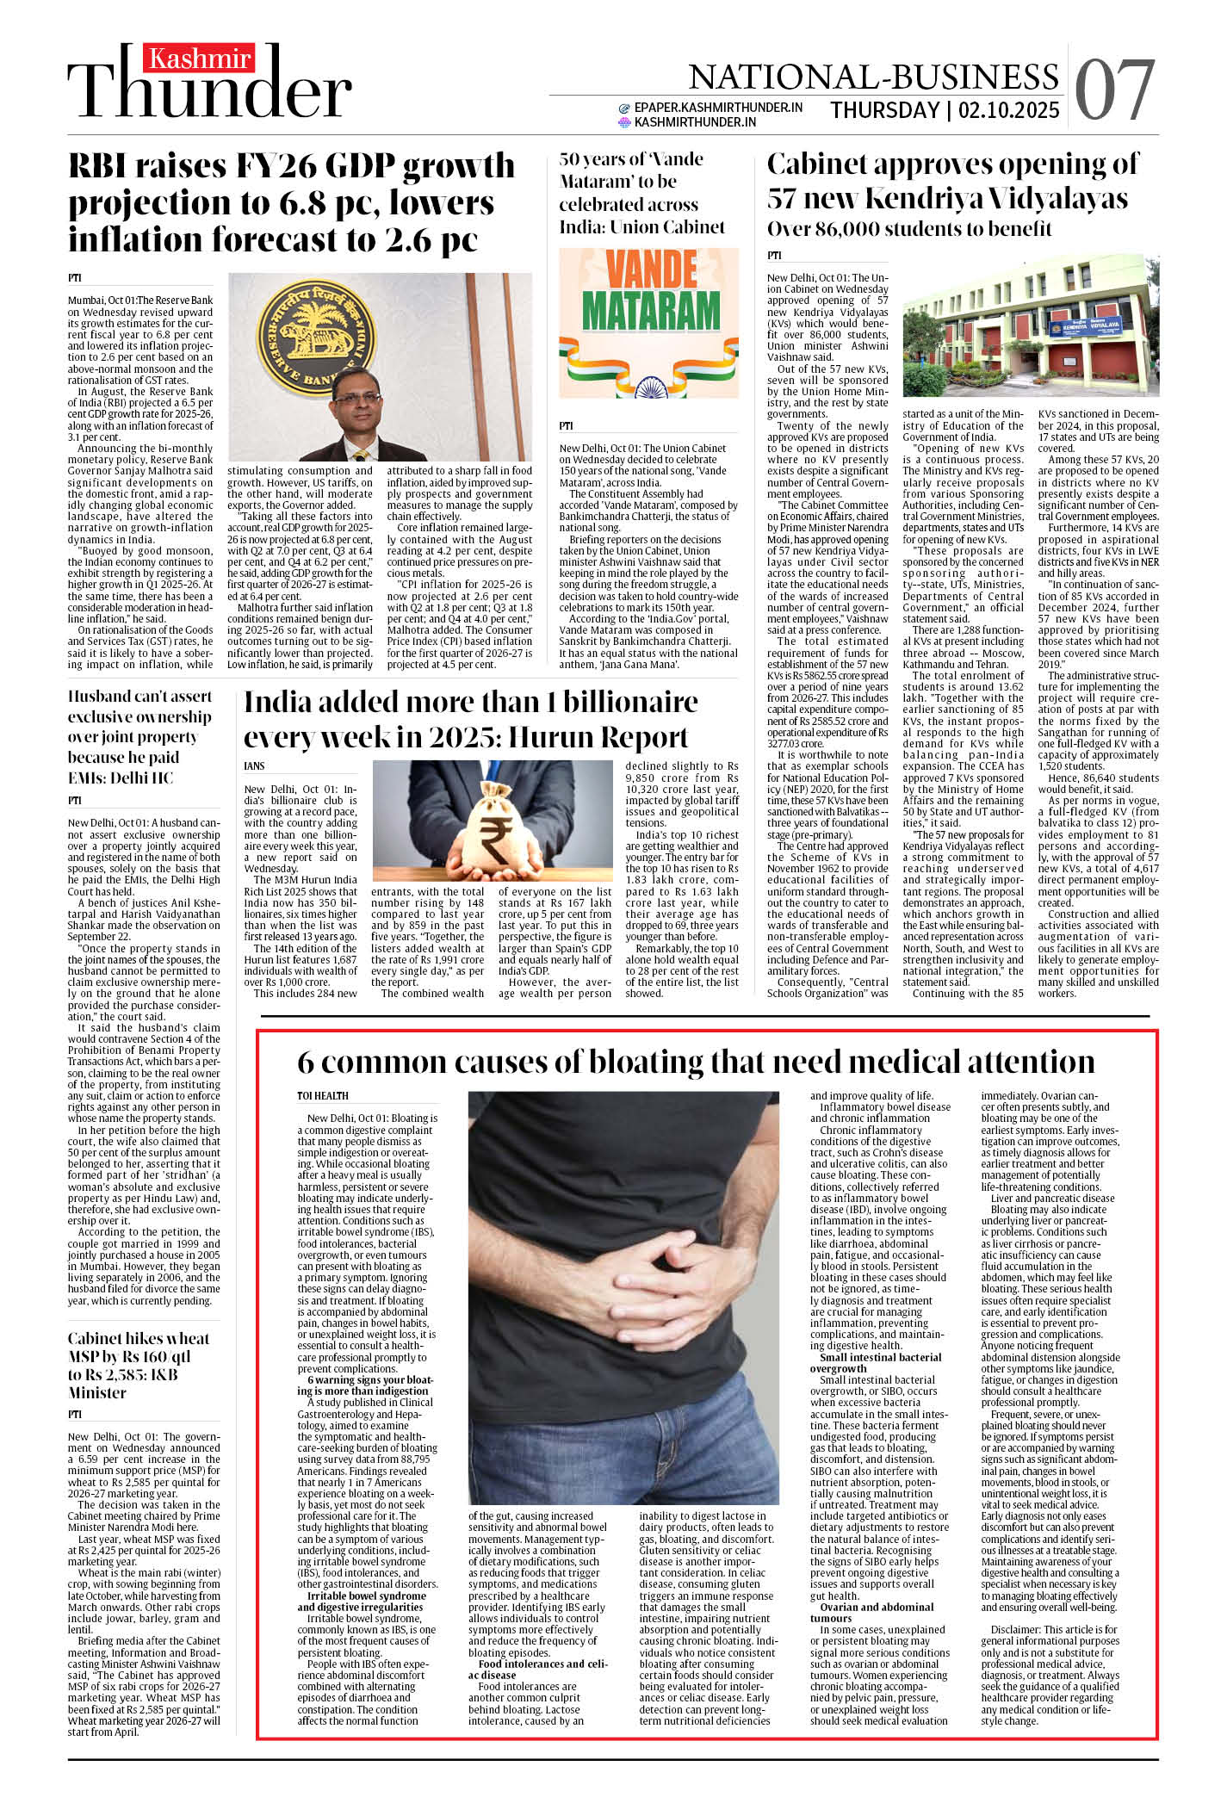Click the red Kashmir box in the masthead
200,59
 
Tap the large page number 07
1114,90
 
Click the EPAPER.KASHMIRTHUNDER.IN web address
718,108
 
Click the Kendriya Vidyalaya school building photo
1030,325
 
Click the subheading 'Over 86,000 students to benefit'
909,229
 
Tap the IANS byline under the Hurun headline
254,765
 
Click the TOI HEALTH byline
323,1096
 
